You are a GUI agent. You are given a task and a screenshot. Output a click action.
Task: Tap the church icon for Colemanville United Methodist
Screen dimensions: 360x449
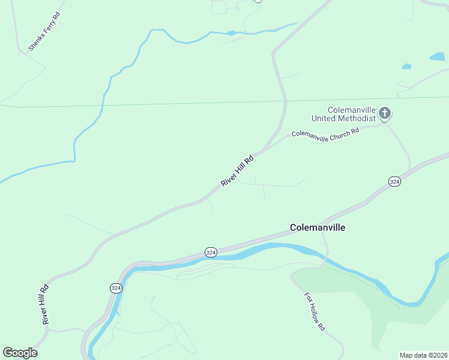pos(385,113)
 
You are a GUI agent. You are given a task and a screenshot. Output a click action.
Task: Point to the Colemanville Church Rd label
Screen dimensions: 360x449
pos(325,132)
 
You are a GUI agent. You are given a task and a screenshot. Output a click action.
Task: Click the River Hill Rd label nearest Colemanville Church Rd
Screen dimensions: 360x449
pos(237,171)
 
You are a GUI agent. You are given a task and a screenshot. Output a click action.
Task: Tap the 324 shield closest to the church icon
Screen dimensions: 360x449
pos(394,181)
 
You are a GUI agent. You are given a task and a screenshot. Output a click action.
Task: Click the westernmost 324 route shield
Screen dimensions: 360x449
pos(116,288)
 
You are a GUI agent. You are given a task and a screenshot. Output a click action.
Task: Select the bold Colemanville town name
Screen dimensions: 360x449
pos(318,228)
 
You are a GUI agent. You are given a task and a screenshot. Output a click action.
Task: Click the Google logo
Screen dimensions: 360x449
pos(20,353)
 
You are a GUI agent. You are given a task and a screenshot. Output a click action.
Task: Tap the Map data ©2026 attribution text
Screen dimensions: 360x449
pos(423,355)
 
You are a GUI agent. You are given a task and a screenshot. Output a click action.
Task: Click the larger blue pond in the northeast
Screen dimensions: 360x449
pos(437,57)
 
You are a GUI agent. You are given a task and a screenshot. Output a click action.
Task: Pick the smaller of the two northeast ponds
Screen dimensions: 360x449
pos(406,66)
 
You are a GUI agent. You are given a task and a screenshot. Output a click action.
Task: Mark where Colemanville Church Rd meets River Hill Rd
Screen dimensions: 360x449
pos(263,149)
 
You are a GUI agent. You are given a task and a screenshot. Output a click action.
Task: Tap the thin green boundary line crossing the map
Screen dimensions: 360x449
pos(180,103)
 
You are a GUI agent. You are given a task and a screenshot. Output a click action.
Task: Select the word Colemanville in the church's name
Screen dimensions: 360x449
pos(351,110)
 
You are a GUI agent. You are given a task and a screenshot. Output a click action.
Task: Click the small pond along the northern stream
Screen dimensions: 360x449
pos(231,33)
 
